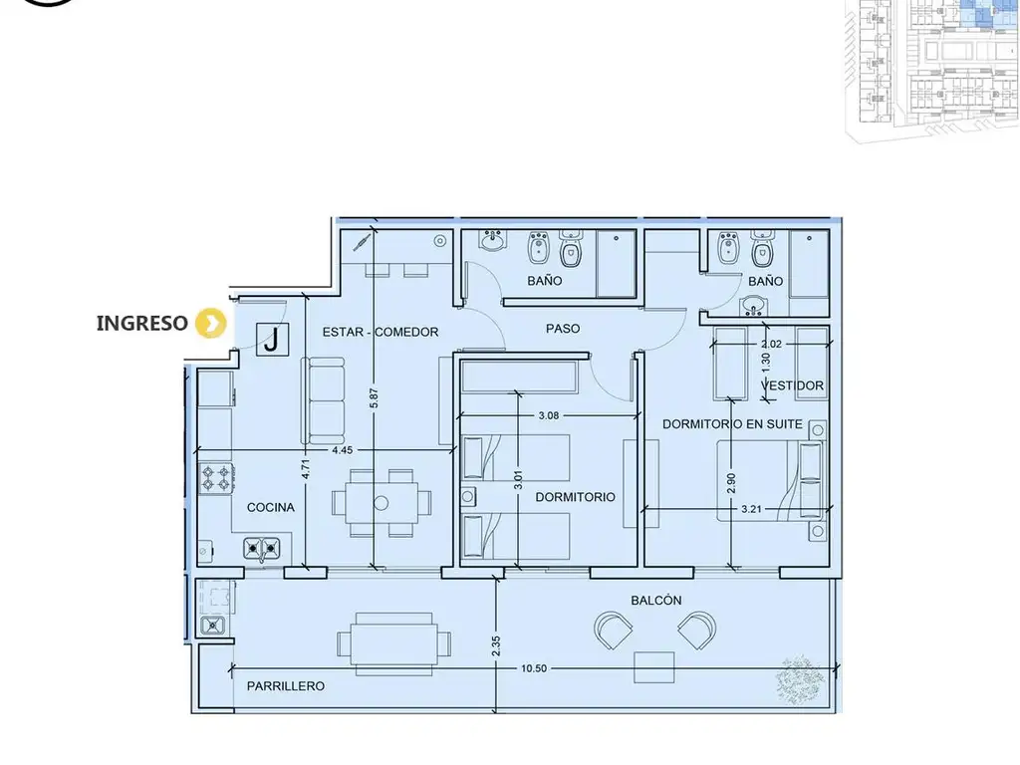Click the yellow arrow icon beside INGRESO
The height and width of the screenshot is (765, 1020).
pos(211,324)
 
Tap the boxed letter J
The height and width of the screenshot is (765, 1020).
pos(273,339)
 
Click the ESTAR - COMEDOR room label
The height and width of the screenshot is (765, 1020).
pos(381,333)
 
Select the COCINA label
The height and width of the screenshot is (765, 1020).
pos(271,507)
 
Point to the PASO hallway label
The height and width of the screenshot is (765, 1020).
pos(563,329)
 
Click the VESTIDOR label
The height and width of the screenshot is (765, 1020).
pos(792,385)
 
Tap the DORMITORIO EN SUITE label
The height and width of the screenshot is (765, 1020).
pos(732,424)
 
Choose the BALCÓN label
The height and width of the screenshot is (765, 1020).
pos(656,601)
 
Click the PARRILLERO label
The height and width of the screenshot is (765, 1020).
pos(286,686)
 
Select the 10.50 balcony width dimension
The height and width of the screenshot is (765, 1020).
pos(534,668)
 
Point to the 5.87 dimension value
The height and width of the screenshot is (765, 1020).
pos(374,398)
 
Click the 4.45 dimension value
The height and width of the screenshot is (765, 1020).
pos(343,450)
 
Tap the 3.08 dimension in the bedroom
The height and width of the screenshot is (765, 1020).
pos(549,415)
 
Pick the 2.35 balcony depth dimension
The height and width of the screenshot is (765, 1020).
pos(496,645)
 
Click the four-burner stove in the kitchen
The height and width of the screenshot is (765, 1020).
pos(216,477)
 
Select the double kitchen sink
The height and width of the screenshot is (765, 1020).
pos(262,550)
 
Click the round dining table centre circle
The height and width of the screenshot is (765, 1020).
pos(382,503)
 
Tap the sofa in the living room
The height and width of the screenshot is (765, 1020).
pos(323,400)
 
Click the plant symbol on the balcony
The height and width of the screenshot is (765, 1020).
pos(800,680)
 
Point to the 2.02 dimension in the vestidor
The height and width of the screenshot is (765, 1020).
pos(771,344)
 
